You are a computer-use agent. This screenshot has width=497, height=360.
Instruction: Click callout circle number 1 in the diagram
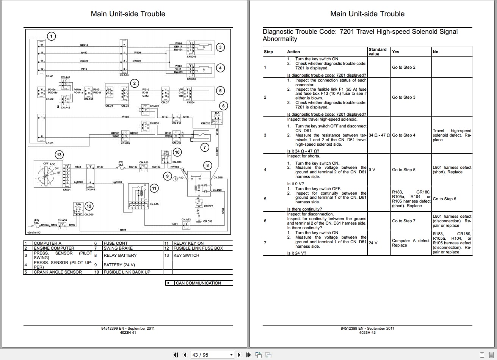point(52,36)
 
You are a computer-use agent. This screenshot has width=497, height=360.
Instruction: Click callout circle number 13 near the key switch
point(59,154)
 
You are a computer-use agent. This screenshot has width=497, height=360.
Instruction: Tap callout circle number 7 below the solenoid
point(205,147)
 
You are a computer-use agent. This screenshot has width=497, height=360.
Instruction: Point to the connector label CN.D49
point(191,57)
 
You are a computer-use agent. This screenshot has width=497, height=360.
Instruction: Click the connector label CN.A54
point(124,75)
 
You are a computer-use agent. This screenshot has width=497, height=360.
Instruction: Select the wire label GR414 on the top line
point(84,45)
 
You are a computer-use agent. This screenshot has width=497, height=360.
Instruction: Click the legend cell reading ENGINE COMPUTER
point(54,248)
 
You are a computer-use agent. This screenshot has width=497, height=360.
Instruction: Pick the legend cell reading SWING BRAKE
point(118,248)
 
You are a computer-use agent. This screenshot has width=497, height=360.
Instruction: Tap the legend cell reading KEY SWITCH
point(186,255)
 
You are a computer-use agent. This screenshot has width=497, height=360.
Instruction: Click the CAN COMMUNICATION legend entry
point(198,283)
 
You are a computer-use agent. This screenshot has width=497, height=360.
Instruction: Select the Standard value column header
point(377,52)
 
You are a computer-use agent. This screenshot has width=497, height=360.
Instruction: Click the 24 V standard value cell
point(373,243)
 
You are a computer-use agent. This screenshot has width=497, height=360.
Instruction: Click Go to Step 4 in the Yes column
point(403,135)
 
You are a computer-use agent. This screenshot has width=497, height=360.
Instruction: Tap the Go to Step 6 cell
point(444,199)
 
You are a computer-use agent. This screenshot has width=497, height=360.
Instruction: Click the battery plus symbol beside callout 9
point(175,179)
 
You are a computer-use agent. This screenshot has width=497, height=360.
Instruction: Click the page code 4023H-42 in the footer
point(367,332)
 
